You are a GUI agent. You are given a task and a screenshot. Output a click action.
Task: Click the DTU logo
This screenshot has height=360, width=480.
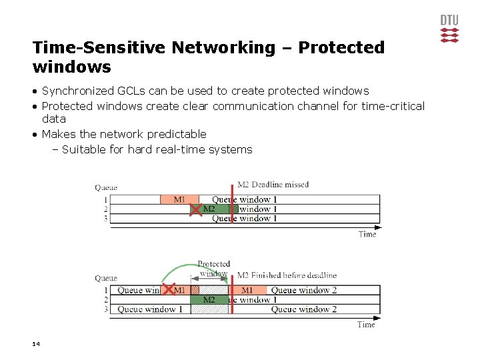[x=449, y=28]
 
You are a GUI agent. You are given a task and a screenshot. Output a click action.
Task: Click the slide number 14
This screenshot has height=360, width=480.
[x=36, y=344]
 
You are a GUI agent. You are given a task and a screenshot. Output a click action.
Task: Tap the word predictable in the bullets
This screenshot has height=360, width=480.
[x=177, y=134]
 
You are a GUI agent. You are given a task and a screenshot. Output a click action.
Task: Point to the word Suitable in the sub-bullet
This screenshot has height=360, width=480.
[x=83, y=149]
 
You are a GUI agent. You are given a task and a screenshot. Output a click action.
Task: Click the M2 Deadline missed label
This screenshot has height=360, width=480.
[x=273, y=185]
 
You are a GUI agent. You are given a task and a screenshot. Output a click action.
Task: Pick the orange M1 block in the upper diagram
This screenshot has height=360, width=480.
[x=179, y=199]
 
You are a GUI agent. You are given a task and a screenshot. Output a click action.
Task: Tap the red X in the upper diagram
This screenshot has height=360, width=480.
[x=195, y=209]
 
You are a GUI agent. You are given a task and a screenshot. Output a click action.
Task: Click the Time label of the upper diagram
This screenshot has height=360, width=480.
[x=367, y=234]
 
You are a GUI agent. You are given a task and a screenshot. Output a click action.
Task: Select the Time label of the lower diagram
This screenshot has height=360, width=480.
[x=366, y=325]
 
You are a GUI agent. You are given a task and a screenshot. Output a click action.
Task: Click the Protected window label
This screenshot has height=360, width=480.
[x=213, y=269]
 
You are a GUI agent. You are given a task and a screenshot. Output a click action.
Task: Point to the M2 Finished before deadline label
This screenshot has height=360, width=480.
[x=287, y=275]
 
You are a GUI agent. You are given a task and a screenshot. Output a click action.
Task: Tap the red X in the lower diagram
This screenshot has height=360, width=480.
[x=167, y=290]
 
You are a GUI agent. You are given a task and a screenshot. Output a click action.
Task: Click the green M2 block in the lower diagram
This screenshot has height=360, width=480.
[x=209, y=300]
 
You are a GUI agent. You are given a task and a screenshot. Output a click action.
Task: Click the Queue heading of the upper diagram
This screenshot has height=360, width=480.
[x=106, y=187]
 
